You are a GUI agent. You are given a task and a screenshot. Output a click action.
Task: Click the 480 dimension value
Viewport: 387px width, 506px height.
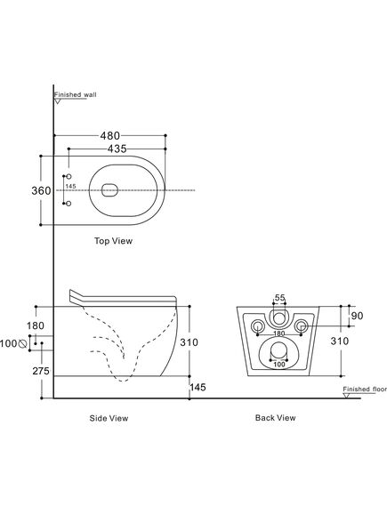pos(110,135)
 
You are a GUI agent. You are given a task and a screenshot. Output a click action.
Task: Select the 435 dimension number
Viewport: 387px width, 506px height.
pos(117,149)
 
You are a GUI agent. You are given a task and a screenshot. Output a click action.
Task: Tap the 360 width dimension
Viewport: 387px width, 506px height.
pos(41,190)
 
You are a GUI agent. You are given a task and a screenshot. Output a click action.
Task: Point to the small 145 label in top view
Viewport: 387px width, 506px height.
pos(70,186)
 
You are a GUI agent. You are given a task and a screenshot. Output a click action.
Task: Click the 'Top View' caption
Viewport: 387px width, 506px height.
pos(113,241)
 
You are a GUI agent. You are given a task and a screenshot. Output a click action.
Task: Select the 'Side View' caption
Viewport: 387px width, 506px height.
pos(109,418)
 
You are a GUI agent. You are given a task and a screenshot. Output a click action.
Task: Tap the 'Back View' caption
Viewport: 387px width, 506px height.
pos(275,418)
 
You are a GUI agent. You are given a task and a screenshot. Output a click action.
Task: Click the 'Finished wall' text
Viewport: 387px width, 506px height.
pos(76,94)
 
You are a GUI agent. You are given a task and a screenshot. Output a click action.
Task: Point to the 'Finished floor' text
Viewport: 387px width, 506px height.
pos(365,390)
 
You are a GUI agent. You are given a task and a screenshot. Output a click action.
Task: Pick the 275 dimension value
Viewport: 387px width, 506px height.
pos(41,371)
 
